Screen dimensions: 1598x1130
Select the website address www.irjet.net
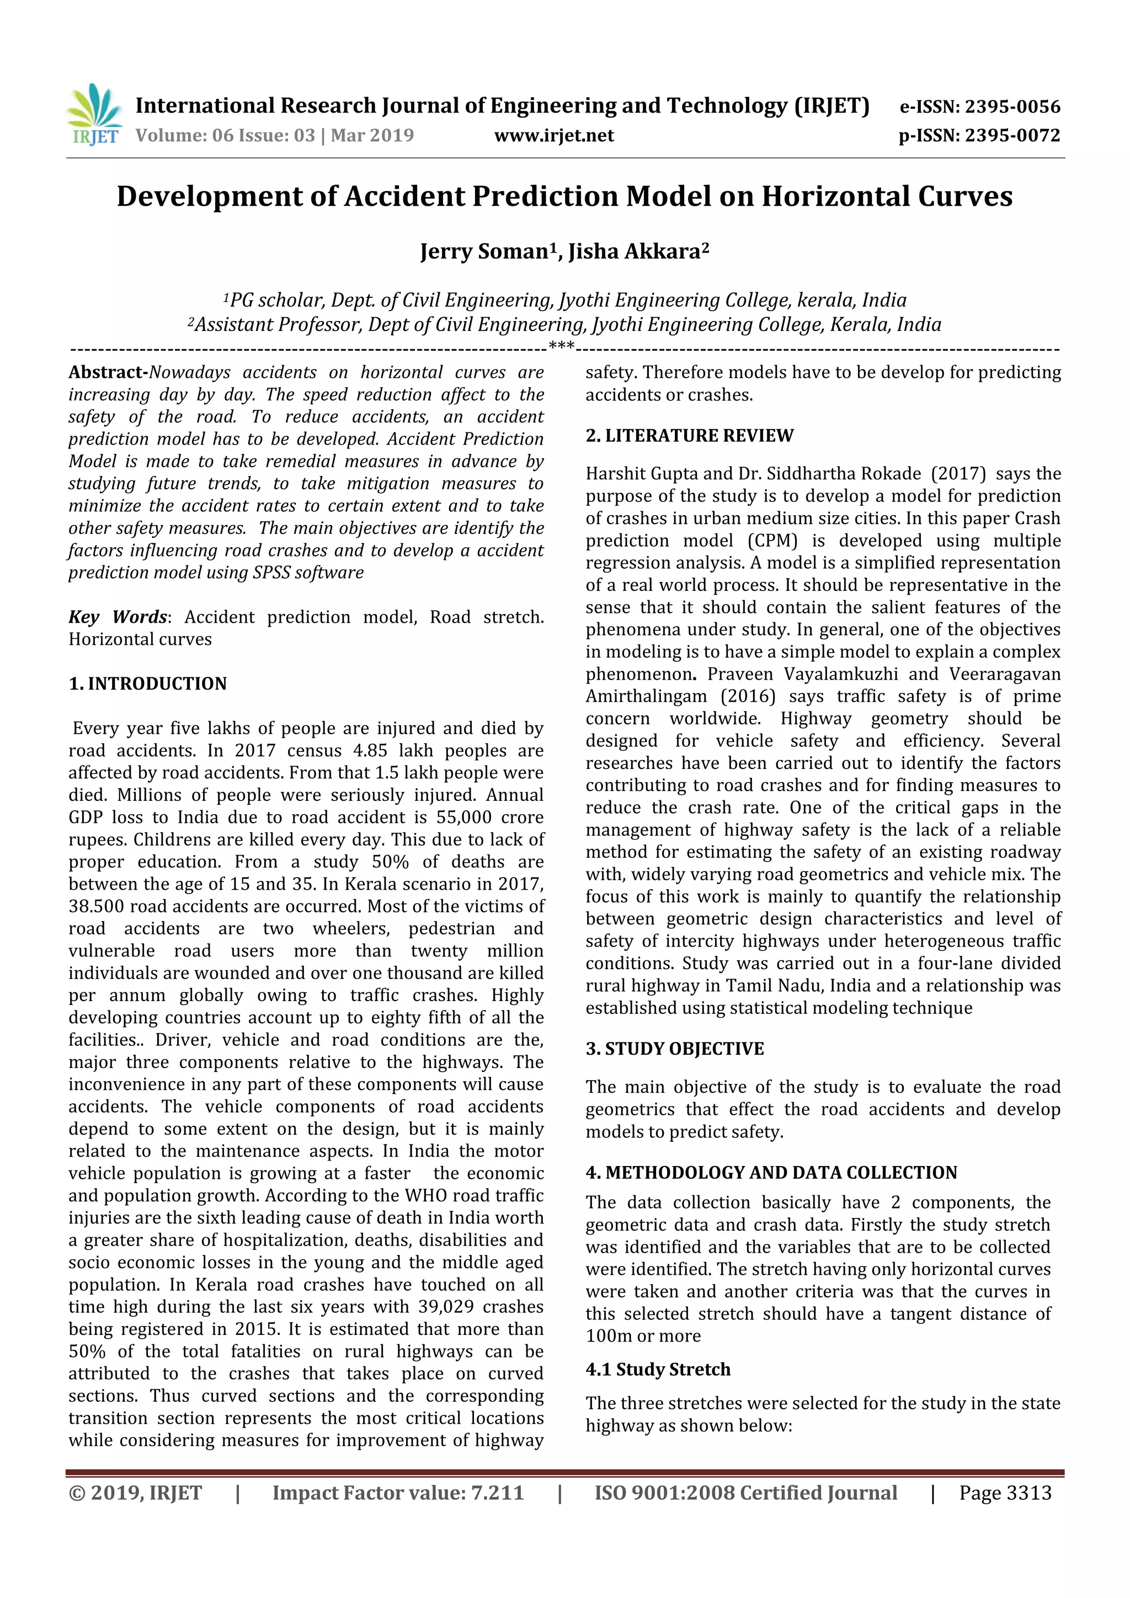553,135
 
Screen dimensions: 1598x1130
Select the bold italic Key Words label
117,617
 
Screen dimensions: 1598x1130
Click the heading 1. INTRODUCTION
148,683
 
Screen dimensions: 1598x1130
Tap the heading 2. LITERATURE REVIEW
689,436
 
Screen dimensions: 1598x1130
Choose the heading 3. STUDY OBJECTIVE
674,1049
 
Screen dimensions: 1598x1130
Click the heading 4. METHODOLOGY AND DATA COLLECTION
771,1173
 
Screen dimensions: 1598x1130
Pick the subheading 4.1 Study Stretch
657,1370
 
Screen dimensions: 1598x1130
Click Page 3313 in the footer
1005,1493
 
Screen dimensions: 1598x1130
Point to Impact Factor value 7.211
398,1493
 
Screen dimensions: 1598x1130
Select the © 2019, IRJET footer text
135,1493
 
